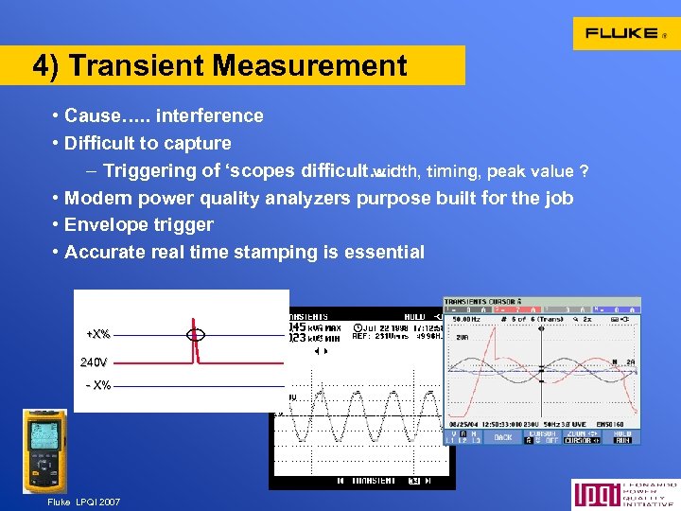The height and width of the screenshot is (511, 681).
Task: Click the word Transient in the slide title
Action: [x=139, y=66]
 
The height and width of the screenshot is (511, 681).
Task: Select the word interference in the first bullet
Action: [x=210, y=116]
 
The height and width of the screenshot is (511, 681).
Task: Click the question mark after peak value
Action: [x=585, y=171]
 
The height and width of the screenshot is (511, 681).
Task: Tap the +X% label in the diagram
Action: [x=97, y=334]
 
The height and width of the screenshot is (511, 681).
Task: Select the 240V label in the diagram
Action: [x=94, y=361]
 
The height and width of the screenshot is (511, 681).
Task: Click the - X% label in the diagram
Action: [x=97, y=385]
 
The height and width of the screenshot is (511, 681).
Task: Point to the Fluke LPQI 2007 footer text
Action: [x=83, y=502]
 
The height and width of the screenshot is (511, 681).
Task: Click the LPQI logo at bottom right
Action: [x=623, y=495]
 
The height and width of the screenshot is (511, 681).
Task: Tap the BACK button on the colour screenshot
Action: [x=502, y=437]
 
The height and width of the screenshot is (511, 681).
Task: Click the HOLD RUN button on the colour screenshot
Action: [x=622, y=437]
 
